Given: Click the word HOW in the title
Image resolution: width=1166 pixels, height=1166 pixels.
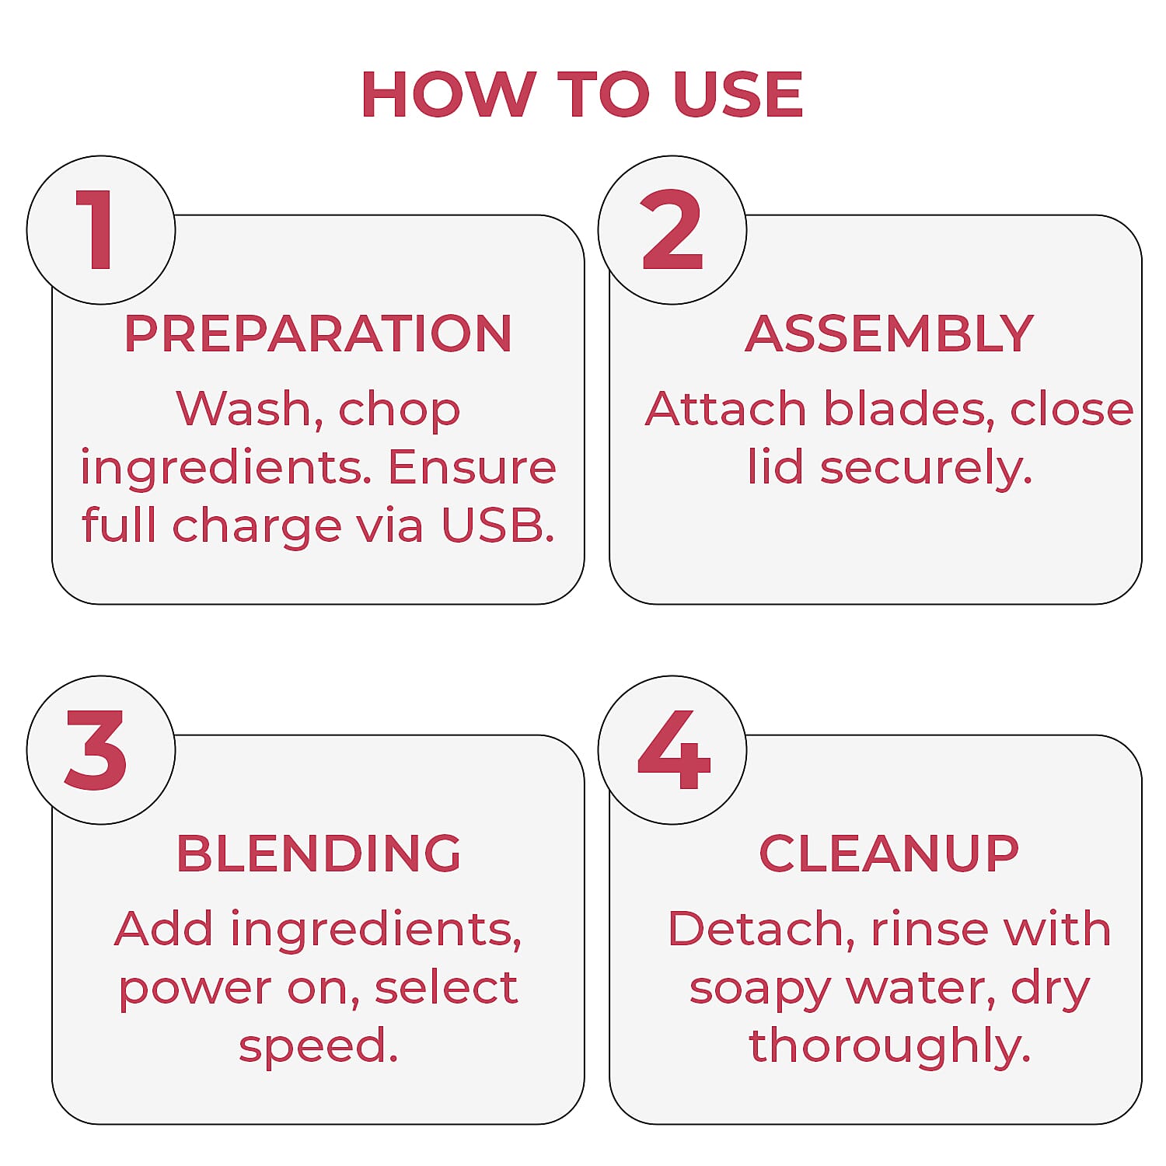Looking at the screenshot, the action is (x=449, y=95).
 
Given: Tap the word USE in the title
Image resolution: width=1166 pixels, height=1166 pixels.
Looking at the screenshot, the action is (x=738, y=95).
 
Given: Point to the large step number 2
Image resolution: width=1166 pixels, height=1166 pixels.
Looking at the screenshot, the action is (x=672, y=230).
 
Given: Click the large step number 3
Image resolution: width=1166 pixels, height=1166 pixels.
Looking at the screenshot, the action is (x=96, y=750).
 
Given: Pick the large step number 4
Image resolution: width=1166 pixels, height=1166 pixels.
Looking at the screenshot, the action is (x=674, y=750).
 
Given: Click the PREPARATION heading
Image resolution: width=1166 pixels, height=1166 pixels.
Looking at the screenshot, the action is (x=318, y=333).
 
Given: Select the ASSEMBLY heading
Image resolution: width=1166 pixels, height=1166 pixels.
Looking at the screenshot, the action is (x=889, y=333).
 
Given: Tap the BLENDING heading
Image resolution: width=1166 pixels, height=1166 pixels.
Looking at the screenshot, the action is (x=319, y=854).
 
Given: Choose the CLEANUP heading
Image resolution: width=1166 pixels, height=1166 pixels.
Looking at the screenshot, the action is (x=889, y=854).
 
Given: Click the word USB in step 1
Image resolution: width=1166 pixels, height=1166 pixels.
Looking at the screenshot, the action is (x=498, y=525).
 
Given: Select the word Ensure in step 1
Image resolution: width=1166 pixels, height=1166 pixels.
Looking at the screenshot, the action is (x=472, y=467).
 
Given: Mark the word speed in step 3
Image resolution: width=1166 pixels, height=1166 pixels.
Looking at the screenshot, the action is (x=319, y=1046).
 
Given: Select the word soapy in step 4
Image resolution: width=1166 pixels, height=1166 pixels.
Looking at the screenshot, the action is (x=760, y=989).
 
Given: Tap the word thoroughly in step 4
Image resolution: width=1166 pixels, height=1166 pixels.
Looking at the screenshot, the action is (x=890, y=1046).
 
